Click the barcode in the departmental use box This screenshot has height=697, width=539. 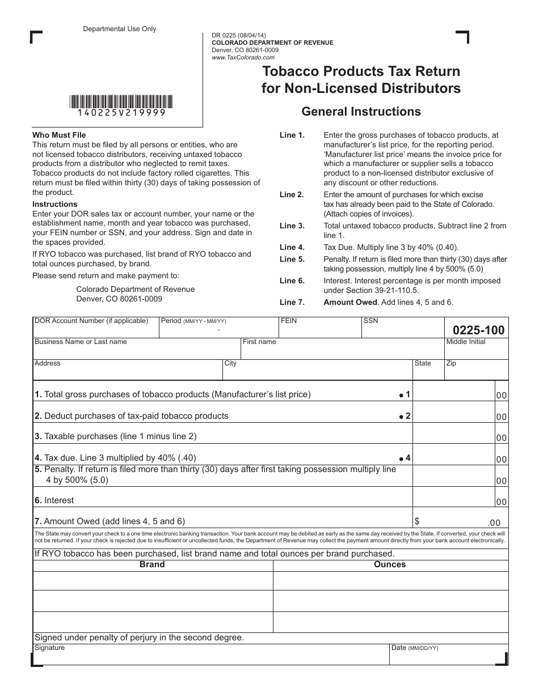(122, 102)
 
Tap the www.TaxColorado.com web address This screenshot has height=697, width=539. (243, 57)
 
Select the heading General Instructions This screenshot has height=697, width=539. (361, 112)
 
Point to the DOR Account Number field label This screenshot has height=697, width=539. (91, 321)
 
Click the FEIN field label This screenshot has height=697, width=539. (289, 321)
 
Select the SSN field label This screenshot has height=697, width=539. (370, 321)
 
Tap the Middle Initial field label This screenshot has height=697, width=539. (466, 342)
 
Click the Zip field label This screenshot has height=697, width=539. (451, 363)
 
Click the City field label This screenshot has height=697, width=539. (230, 363)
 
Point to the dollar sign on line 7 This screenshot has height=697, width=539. (418, 521)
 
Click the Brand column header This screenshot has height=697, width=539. (152, 564)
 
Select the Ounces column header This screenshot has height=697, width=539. (390, 564)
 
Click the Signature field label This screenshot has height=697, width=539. (50, 648)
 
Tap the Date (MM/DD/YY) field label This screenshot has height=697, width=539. (414, 648)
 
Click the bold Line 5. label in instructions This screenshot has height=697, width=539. (292, 260)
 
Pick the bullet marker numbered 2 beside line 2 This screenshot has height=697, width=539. (405, 416)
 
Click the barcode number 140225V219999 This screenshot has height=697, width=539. (122, 113)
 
